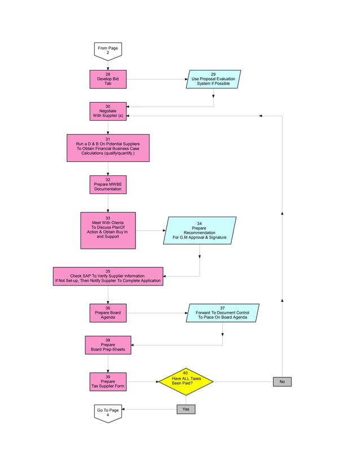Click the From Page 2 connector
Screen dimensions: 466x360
[107, 51]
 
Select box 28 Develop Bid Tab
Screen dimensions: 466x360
[108, 79]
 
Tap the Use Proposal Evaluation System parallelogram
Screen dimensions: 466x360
[213, 79]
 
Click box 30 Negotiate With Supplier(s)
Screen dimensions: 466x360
[108, 111]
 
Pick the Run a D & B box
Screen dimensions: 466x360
[108, 148]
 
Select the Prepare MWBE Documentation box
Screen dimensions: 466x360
[108, 184]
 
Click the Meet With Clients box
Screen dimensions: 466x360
[108, 230]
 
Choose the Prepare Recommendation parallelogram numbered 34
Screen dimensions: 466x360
[199, 231]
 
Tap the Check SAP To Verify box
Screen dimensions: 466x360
[108, 276]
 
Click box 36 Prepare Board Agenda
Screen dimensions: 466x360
[108, 313]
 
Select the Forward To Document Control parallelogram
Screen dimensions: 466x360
[222, 313]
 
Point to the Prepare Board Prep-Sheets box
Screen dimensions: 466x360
[108, 345]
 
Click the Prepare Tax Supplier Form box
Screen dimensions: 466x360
[108, 381]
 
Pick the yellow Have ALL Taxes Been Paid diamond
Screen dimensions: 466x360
[186, 382]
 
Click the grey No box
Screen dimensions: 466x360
[282, 382]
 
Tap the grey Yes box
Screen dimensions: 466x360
[186, 409]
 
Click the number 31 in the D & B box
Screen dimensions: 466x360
[108, 139]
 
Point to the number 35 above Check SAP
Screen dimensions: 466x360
[108, 271]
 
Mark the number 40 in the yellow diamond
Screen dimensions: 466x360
[186, 373]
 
